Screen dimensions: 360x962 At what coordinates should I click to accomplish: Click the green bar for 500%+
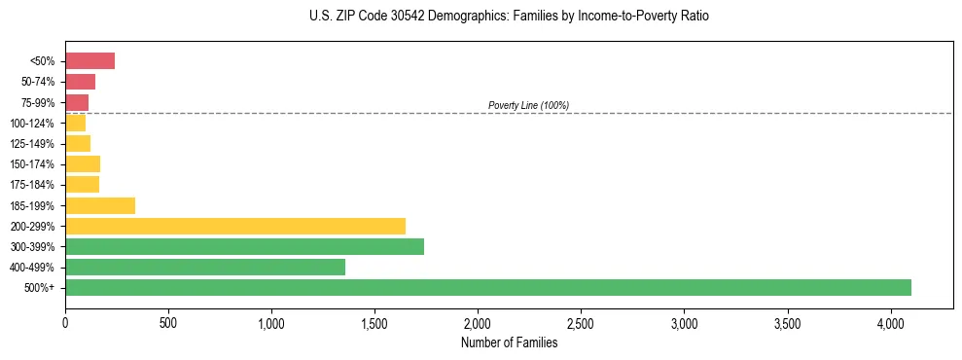[x=487, y=287]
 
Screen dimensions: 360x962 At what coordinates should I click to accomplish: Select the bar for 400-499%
[x=205, y=267]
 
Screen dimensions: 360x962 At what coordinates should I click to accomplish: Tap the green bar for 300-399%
[x=244, y=246]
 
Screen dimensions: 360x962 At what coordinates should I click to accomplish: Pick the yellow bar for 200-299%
[x=234, y=226]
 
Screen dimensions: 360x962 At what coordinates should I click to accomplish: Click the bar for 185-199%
[x=100, y=205]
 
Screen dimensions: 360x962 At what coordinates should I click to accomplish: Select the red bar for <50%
[x=89, y=61]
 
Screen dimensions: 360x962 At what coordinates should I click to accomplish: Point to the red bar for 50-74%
[x=80, y=82]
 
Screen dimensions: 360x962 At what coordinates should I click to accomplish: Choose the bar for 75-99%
[x=77, y=102]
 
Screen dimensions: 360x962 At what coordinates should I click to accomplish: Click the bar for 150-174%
[x=83, y=163]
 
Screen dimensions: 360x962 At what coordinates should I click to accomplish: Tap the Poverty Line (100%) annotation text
[x=528, y=105]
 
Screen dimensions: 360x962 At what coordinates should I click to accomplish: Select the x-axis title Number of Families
[x=509, y=342]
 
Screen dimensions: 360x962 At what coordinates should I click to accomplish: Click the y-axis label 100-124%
[x=33, y=124]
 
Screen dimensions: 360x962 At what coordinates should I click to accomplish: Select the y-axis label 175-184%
[x=33, y=185]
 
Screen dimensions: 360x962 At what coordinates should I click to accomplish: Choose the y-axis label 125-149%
[x=33, y=144]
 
